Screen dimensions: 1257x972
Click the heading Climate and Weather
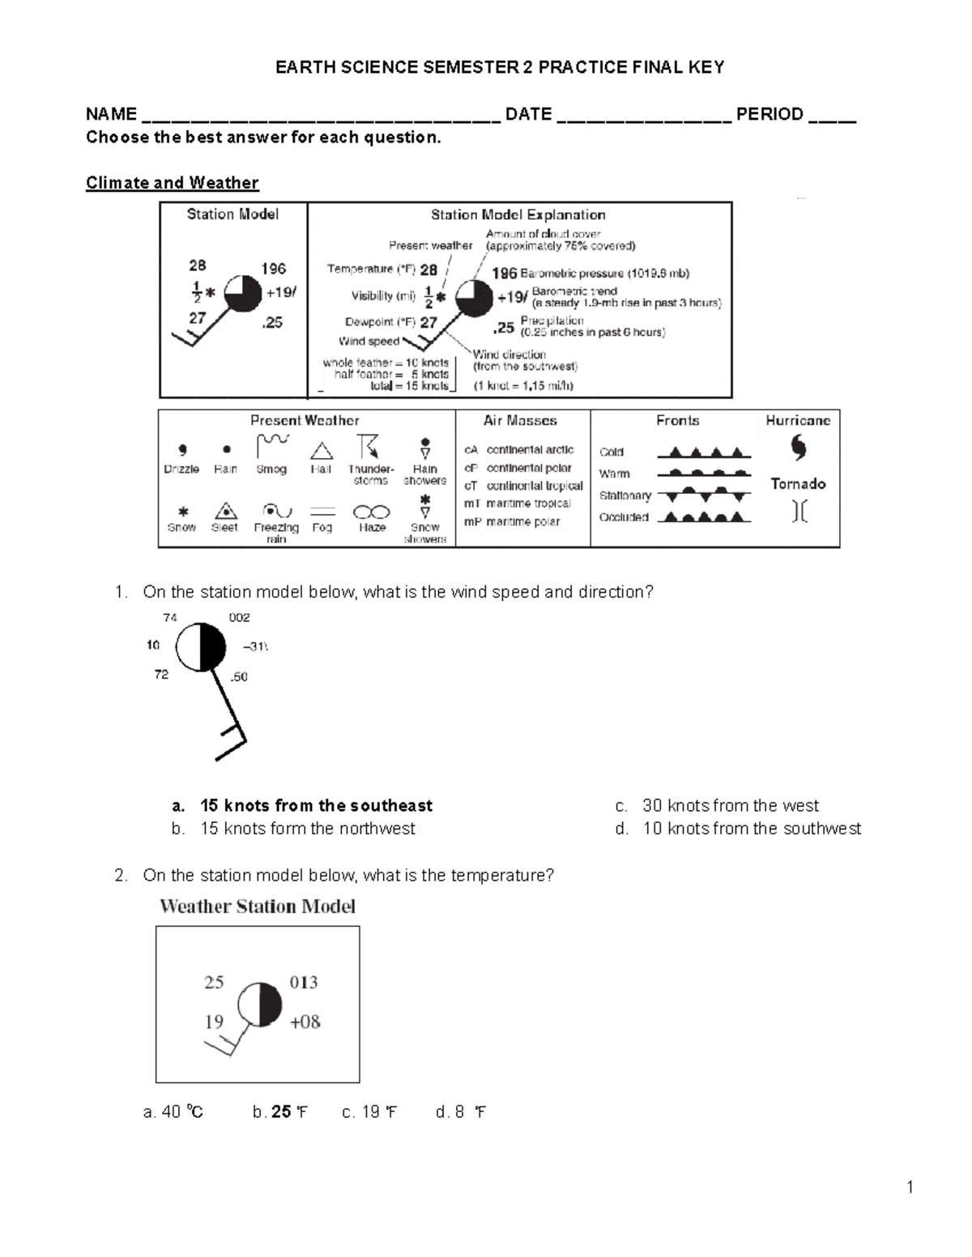(172, 183)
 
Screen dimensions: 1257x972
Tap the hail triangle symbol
(322, 452)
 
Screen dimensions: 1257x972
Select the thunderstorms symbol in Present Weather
(369, 447)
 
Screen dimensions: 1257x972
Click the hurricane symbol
(798, 448)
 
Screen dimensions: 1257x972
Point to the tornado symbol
(799, 511)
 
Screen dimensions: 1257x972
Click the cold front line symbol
(703, 452)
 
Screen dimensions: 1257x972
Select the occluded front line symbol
(703, 517)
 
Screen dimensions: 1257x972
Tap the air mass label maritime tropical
(528, 503)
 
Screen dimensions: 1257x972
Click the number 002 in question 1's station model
(239, 618)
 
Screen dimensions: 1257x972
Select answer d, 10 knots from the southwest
(751, 828)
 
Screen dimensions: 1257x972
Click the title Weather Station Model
(258, 907)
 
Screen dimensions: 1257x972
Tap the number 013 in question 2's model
(304, 982)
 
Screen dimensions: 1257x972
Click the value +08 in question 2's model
(305, 1021)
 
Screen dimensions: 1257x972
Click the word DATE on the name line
(528, 114)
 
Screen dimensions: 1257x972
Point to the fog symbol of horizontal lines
(322, 512)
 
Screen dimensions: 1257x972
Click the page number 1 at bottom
(910, 1187)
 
